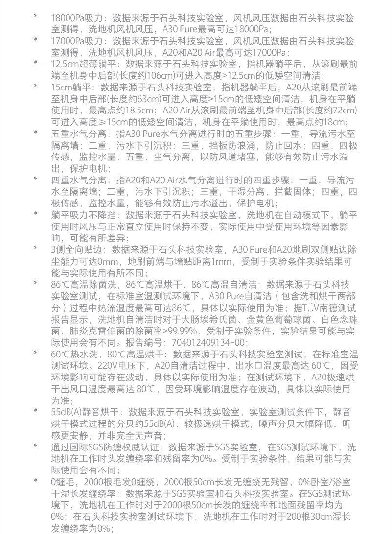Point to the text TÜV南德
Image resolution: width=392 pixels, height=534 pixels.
[x=325, y=307]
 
